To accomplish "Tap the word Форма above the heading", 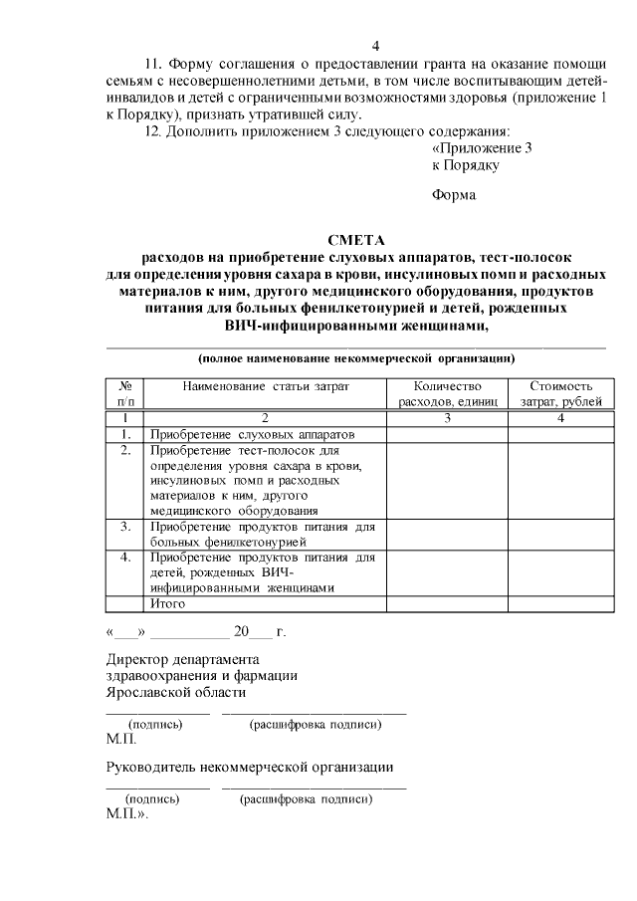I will [x=454, y=195].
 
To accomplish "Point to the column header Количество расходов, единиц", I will [x=447, y=393].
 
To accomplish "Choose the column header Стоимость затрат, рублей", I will [x=560, y=393].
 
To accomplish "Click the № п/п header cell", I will [x=126, y=393].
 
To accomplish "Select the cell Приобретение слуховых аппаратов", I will [x=252, y=434].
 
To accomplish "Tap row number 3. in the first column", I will [x=126, y=526].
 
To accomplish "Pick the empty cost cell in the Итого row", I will [x=560, y=603].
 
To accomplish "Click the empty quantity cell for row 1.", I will [x=447, y=434].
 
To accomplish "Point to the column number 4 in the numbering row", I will [x=560, y=419].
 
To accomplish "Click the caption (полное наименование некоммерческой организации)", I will [x=355, y=356].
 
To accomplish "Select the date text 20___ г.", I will [x=259, y=632].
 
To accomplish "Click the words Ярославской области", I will [x=176, y=693].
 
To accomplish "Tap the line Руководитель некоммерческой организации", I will [x=250, y=767].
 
